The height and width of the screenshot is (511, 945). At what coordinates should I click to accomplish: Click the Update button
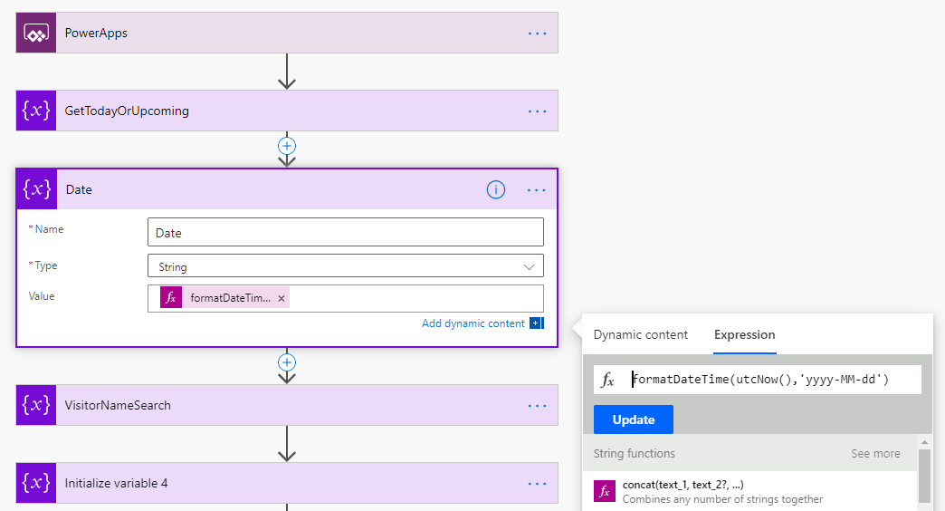(x=634, y=419)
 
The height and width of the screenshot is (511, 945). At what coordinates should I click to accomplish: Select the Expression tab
(x=744, y=335)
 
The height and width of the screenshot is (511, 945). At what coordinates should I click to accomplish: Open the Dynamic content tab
(x=641, y=335)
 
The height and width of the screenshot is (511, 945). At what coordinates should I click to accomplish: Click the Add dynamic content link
(x=473, y=323)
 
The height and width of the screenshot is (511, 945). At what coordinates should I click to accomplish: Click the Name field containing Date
(x=345, y=233)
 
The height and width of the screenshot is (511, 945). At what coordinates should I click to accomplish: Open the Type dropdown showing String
(x=345, y=267)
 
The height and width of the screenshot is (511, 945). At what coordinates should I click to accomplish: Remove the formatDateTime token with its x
(x=282, y=298)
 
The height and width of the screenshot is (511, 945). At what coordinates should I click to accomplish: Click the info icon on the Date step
(x=496, y=190)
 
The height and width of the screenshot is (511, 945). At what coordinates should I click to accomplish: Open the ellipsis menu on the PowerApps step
(x=538, y=34)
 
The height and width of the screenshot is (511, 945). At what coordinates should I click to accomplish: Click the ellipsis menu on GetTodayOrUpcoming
(x=538, y=111)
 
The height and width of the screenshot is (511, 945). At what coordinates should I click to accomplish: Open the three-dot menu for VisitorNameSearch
(x=538, y=406)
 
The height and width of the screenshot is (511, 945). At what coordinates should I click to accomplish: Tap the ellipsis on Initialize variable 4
(x=538, y=484)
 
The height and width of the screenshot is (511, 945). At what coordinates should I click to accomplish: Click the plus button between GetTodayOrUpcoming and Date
(x=287, y=145)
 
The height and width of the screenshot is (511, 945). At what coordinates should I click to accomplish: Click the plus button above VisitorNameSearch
(x=287, y=362)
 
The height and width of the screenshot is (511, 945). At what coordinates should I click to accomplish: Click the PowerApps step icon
(x=36, y=34)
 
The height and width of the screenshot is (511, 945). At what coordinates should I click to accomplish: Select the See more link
(x=875, y=454)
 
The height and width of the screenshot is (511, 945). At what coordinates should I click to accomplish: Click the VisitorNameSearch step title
(x=118, y=406)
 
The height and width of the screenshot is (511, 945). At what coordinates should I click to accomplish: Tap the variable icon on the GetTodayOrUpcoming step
(x=36, y=111)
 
